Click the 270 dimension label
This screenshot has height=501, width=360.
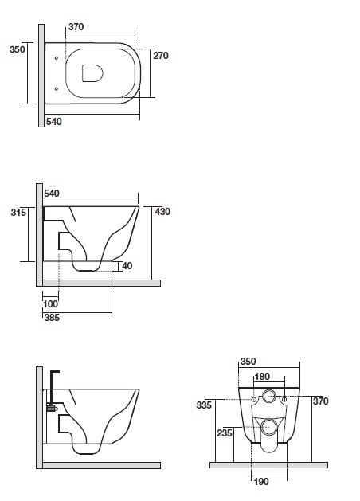coord(161,56)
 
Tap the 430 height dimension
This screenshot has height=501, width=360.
coord(162,212)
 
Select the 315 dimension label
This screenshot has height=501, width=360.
coord(18,212)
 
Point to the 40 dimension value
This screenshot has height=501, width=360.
coord(127,266)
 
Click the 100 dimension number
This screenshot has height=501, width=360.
coord(50,303)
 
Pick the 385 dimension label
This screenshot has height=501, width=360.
coord(52,318)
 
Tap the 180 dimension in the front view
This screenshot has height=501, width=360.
coord(262,377)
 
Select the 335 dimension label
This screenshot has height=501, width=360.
coord(204,405)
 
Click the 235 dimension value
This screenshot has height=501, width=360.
coord(225,433)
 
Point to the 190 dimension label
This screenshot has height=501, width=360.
coord(261,482)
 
